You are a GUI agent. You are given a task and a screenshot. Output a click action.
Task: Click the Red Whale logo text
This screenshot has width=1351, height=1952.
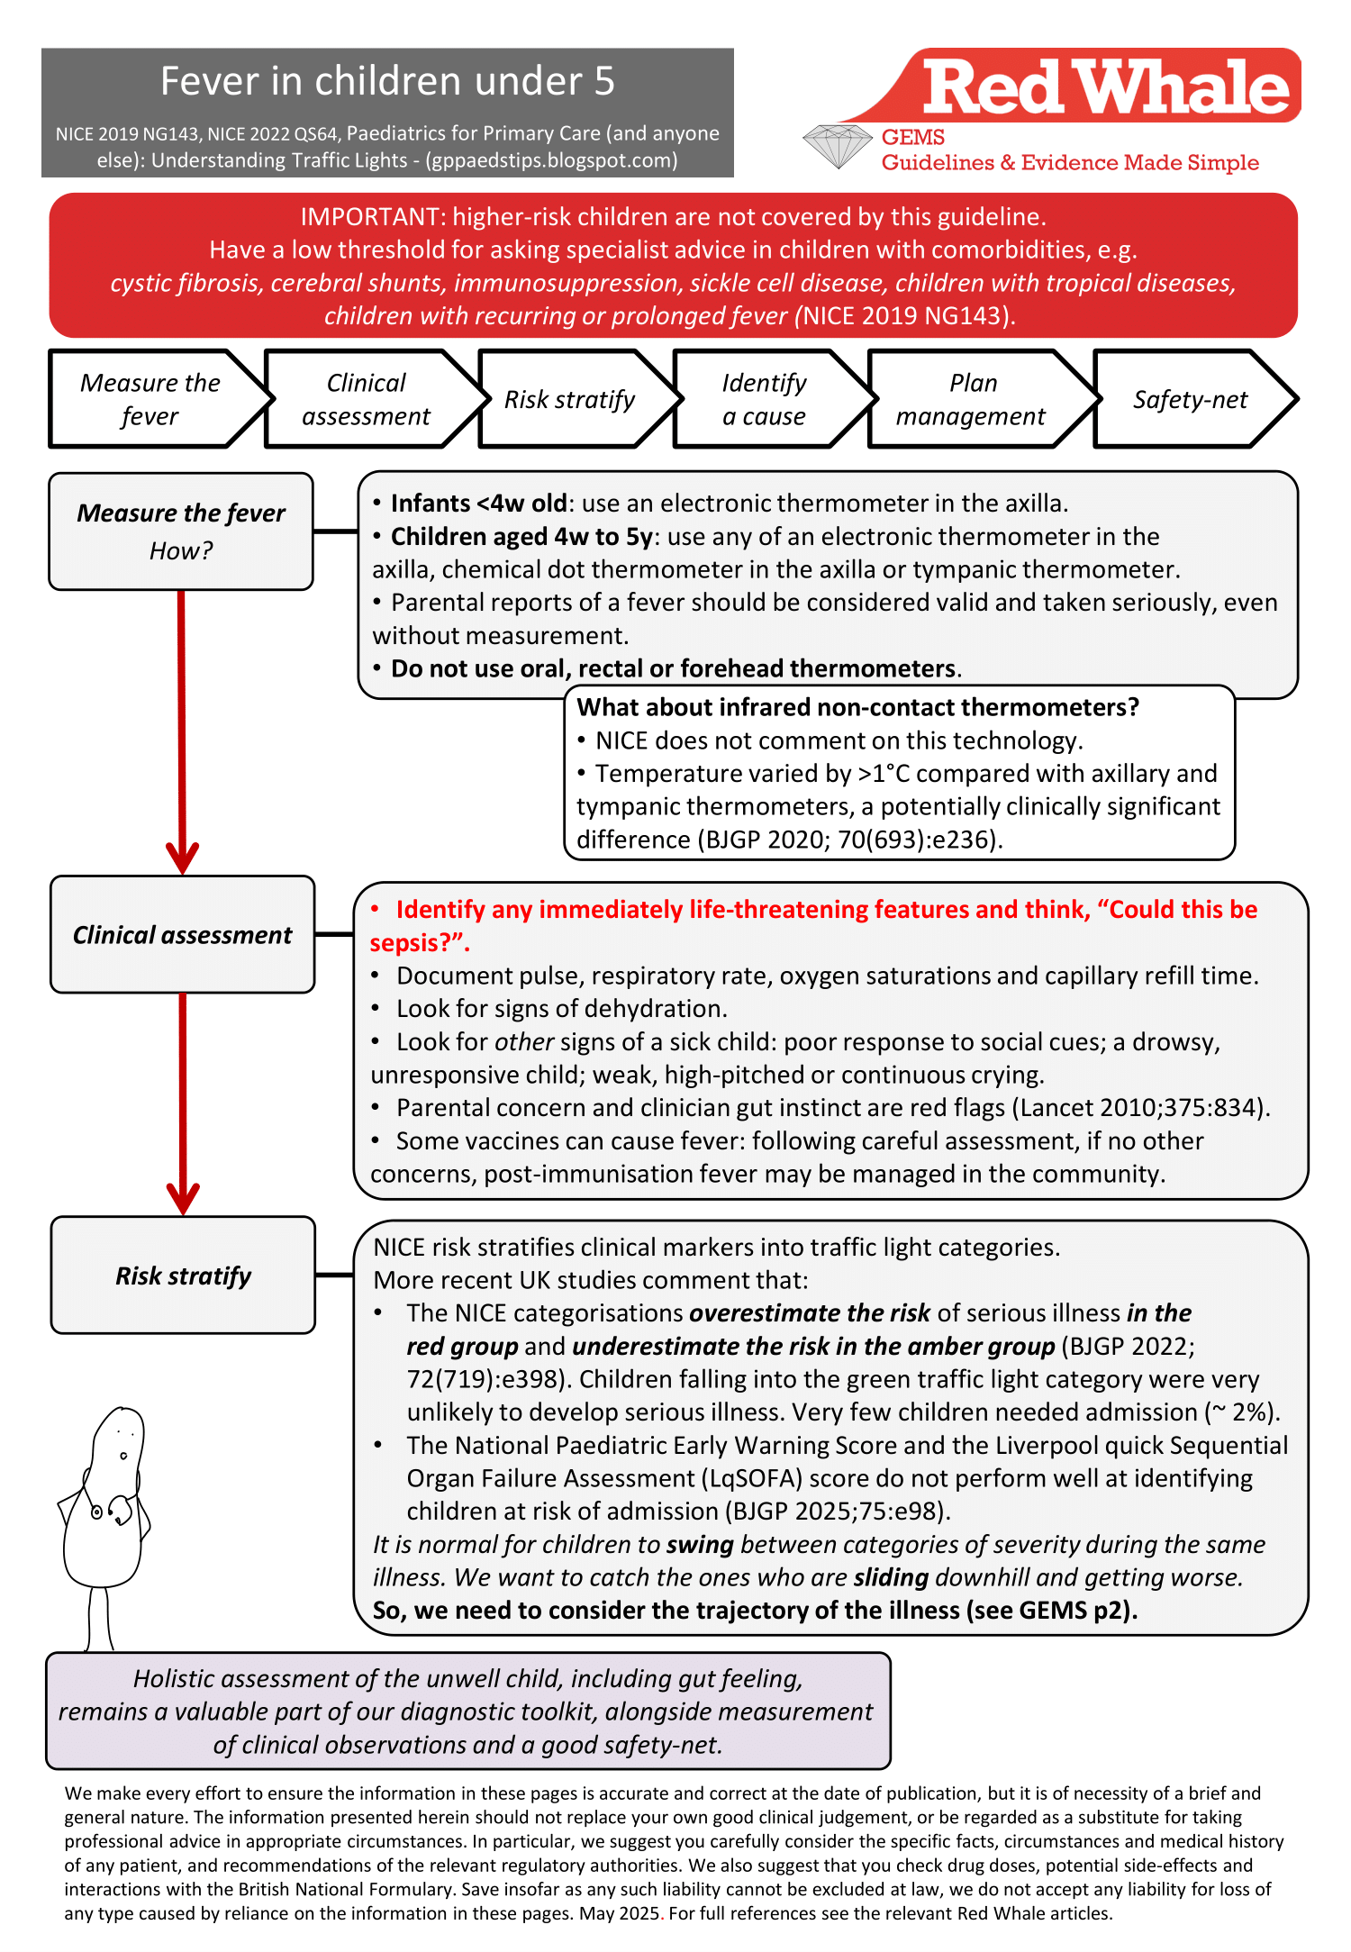click(x=1106, y=87)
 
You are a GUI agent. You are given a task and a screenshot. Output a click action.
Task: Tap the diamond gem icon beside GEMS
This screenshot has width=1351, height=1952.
click(x=838, y=147)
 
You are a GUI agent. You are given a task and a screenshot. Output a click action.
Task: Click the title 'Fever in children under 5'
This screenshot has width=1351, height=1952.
click(x=387, y=81)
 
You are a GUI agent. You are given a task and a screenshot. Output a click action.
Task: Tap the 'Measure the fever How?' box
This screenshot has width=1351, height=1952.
click(x=181, y=531)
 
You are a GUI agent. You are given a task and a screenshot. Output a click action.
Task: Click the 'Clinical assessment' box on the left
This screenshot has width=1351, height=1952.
click(x=183, y=934)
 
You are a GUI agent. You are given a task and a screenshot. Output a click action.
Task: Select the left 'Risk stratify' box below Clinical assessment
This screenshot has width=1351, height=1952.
click(x=183, y=1275)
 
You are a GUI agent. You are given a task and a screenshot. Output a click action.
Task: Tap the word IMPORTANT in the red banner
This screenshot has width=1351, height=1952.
click(x=371, y=217)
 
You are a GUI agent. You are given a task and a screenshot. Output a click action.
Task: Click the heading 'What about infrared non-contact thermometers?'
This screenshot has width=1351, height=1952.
click(x=857, y=707)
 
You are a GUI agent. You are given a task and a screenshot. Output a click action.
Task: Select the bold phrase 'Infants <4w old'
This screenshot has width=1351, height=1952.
click(x=478, y=503)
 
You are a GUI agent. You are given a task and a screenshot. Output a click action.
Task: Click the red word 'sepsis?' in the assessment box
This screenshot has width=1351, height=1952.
click(x=416, y=943)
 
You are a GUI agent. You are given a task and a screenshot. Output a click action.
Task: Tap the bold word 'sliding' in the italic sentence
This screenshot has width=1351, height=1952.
click(x=891, y=1577)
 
